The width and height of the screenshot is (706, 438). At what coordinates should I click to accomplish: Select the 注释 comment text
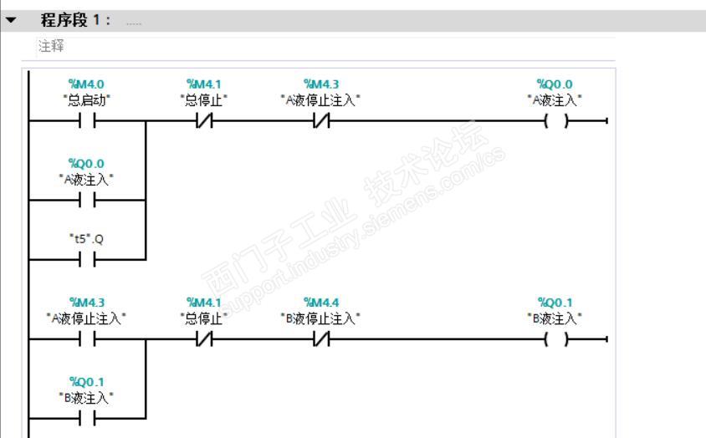[x=52, y=46]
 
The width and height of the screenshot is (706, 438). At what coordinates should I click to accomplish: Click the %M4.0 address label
[x=86, y=84]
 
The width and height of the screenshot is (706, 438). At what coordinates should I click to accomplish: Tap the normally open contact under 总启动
[x=86, y=121]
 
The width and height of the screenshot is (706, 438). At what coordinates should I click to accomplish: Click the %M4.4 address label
[x=320, y=302]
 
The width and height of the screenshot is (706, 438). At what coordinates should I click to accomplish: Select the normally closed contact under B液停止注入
[x=320, y=339]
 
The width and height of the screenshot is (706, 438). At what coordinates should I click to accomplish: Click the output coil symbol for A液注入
[x=555, y=121]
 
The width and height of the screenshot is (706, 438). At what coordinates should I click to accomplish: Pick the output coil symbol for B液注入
[x=555, y=339]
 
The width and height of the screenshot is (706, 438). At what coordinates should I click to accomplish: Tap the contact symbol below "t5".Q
[x=86, y=260]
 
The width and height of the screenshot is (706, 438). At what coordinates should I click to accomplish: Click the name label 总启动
[x=86, y=99]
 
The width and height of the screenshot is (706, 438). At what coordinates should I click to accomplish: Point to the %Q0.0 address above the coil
[x=555, y=84]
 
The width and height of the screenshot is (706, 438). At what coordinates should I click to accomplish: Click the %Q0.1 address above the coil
[x=555, y=302]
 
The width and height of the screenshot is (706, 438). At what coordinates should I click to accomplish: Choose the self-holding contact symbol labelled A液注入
[x=86, y=200]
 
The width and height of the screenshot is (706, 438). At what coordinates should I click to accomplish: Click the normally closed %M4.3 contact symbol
[x=320, y=121]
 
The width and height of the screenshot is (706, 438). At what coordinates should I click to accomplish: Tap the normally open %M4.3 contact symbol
[x=86, y=339]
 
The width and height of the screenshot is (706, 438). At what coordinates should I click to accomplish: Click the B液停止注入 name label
[x=320, y=318]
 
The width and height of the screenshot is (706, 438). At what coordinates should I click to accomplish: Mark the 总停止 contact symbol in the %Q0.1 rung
[x=203, y=339]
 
